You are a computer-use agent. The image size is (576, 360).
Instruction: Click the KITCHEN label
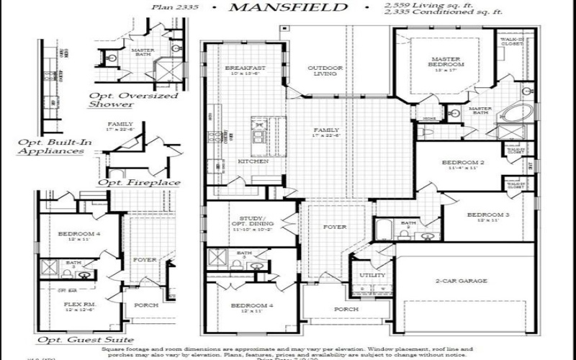coord(253,161)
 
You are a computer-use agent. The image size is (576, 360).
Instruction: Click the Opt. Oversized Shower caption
coord(133,99)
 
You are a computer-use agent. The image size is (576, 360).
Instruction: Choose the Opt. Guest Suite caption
coord(85,339)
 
